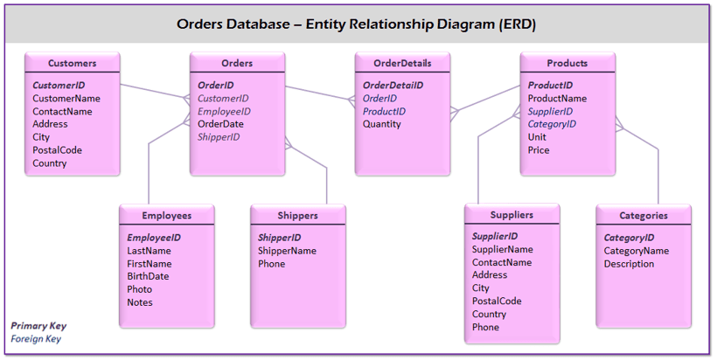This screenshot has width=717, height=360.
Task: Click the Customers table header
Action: click(x=73, y=63)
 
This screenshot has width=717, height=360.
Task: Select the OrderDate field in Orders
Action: click(x=220, y=124)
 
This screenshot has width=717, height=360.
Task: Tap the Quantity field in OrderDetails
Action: click(x=381, y=124)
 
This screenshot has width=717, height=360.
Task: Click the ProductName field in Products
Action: click(x=557, y=98)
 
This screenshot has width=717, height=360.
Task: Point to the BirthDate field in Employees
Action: click(x=148, y=276)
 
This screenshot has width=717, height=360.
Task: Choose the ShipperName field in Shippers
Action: click(x=287, y=251)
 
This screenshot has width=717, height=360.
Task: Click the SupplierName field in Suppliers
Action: click(x=502, y=249)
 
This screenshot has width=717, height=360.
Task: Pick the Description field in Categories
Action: click(x=629, y=264)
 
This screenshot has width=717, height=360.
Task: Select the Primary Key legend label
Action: click(x=38, y=326)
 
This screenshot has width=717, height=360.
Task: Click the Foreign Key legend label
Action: click(x=36, y=338)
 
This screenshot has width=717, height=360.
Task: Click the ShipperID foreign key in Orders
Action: click(x=219, y=137)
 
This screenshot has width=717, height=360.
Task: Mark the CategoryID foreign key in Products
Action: click(x=552, y=124)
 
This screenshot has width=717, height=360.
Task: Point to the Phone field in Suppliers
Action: click(x=485, y=327)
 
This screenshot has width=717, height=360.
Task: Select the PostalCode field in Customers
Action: click(x=57, y=149)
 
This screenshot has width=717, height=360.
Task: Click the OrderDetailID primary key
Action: click(x=393, y=85)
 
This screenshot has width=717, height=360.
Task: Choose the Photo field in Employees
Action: click(x=140, y=289)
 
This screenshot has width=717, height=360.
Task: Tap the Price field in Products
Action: click(x=539, y=149)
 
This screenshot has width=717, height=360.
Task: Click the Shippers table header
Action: click(x=297, y=215)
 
